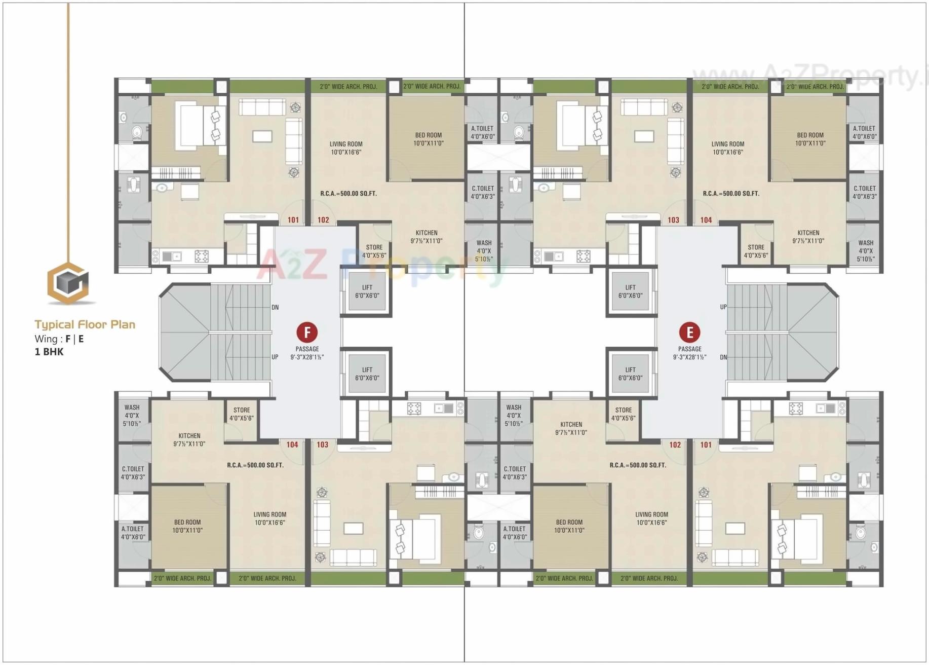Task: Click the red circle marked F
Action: point(307,332)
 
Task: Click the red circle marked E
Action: point(689,332)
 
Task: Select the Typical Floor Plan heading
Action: point(85,324)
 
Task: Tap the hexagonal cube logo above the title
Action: point(68,283)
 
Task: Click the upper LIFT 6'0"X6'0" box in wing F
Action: point(367,291)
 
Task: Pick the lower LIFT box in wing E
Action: point(630,374)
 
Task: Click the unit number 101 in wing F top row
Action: point(293,220)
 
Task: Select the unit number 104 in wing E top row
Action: point(706,220)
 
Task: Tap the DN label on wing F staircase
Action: point(275,307)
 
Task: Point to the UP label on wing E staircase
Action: point(723,307)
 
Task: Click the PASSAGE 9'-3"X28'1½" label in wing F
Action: point(307,353)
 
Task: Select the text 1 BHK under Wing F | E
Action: point(49,352)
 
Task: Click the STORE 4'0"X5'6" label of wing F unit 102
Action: point(374,251)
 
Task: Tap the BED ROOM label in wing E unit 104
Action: point(810,139)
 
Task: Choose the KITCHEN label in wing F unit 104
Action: point(189,439)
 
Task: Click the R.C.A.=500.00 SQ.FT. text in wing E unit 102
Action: point(638,465)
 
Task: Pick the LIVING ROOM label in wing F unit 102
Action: point(346,148)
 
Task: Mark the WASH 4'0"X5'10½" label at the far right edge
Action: point(866,251)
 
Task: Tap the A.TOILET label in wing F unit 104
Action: point(133,533)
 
